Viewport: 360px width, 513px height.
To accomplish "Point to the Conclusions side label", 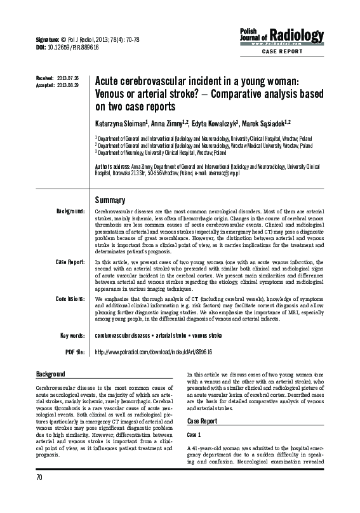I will pos(70,298).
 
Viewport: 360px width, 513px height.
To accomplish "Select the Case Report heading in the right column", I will pos(202,422).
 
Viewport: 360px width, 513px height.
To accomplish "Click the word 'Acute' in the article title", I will pos(107,81).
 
